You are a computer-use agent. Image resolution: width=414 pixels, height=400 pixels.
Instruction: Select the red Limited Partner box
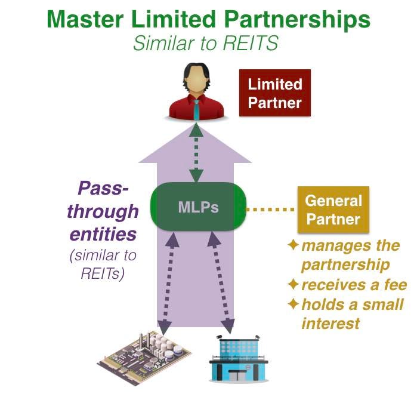275,94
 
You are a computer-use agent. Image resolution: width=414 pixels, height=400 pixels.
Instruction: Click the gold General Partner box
333,210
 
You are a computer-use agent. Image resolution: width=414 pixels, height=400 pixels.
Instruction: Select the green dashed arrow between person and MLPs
197,153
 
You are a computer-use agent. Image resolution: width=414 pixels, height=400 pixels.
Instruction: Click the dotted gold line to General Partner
271,210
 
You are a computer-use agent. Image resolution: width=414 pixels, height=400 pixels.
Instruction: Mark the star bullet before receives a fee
293,285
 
